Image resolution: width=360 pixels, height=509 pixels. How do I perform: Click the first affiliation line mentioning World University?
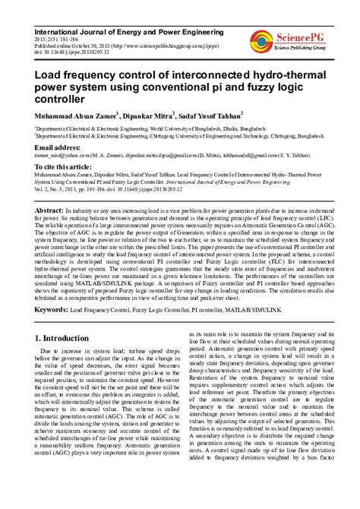(151, 130)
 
